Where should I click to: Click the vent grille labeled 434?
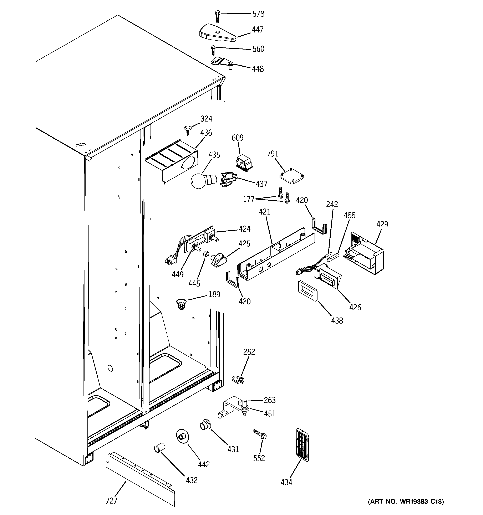pos(302,445)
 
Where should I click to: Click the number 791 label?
pos(273,154)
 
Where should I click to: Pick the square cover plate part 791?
pos(292,177)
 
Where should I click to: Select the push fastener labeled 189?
pos(181,304)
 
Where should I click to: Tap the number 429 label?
pos(382,224)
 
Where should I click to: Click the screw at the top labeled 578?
pos(218,16)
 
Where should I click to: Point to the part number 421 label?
pos(264,212)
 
